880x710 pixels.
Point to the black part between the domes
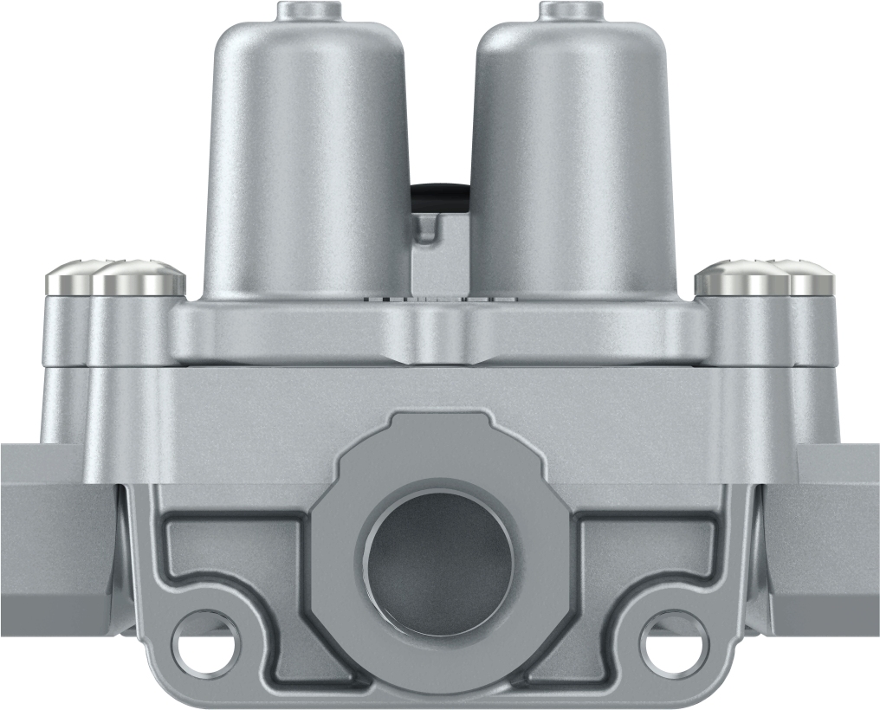pos(440,196)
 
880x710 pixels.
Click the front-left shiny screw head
pos(139,279)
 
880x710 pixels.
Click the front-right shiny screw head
pos(741,279)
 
